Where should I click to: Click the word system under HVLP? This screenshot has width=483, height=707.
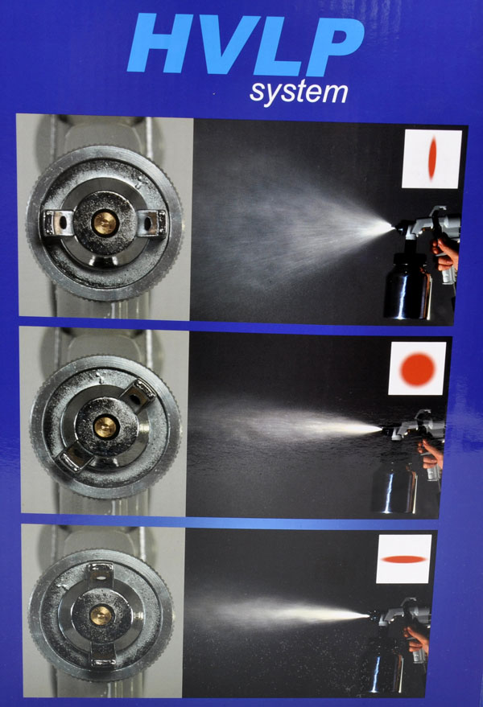[x=299, y=92]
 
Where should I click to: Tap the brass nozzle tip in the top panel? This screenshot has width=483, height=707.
[x=105, y=223]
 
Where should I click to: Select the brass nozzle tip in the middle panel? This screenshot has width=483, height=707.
[x=106, y=427]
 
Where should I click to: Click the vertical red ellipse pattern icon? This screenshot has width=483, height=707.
[x=432, y=158]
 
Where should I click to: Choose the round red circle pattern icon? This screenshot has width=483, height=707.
[x=418, y=369]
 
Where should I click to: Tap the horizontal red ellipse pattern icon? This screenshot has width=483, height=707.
[x=404, y=559]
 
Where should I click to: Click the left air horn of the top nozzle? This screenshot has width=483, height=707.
[x=56, y=222]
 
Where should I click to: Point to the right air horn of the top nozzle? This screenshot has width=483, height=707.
[x=153, y=222]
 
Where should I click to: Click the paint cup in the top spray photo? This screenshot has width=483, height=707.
[x=407, y=286]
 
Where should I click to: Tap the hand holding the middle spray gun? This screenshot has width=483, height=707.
[x=431, y=454]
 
